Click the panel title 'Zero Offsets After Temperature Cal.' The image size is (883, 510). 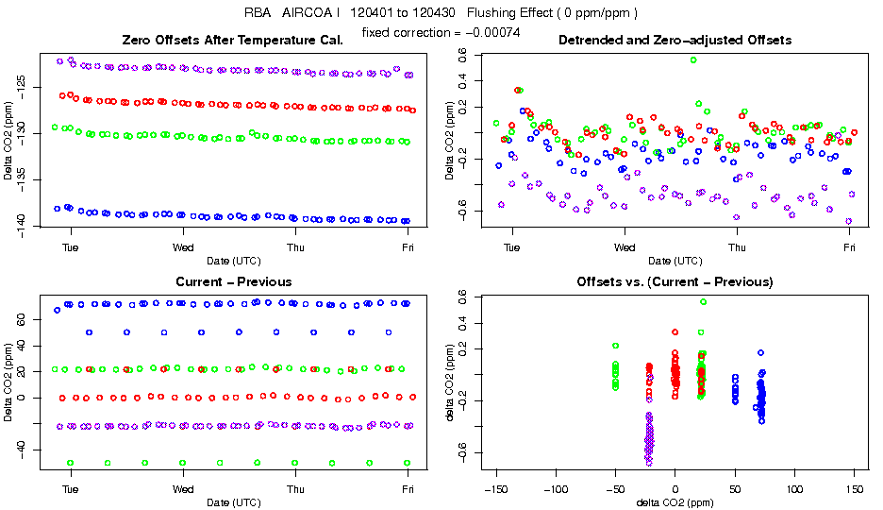point(233,41)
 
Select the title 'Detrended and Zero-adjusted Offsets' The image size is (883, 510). point(675,41)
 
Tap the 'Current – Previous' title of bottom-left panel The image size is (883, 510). point(233,281)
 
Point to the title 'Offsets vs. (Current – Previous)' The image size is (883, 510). point(675,281)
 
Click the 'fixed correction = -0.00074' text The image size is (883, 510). point(441,33)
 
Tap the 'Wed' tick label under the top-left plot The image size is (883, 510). point(183,247)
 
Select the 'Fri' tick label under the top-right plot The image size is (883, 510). point(850,247)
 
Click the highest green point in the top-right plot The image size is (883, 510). point(693,59)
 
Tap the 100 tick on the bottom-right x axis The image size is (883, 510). point(794,489)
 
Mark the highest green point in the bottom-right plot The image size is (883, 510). point(704,302)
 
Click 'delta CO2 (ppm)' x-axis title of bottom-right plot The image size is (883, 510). point(675,502)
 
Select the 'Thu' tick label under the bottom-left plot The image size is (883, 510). point(295,489)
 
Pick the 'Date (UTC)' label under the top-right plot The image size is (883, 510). point(675,261)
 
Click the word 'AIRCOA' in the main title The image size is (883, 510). point(298,13)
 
